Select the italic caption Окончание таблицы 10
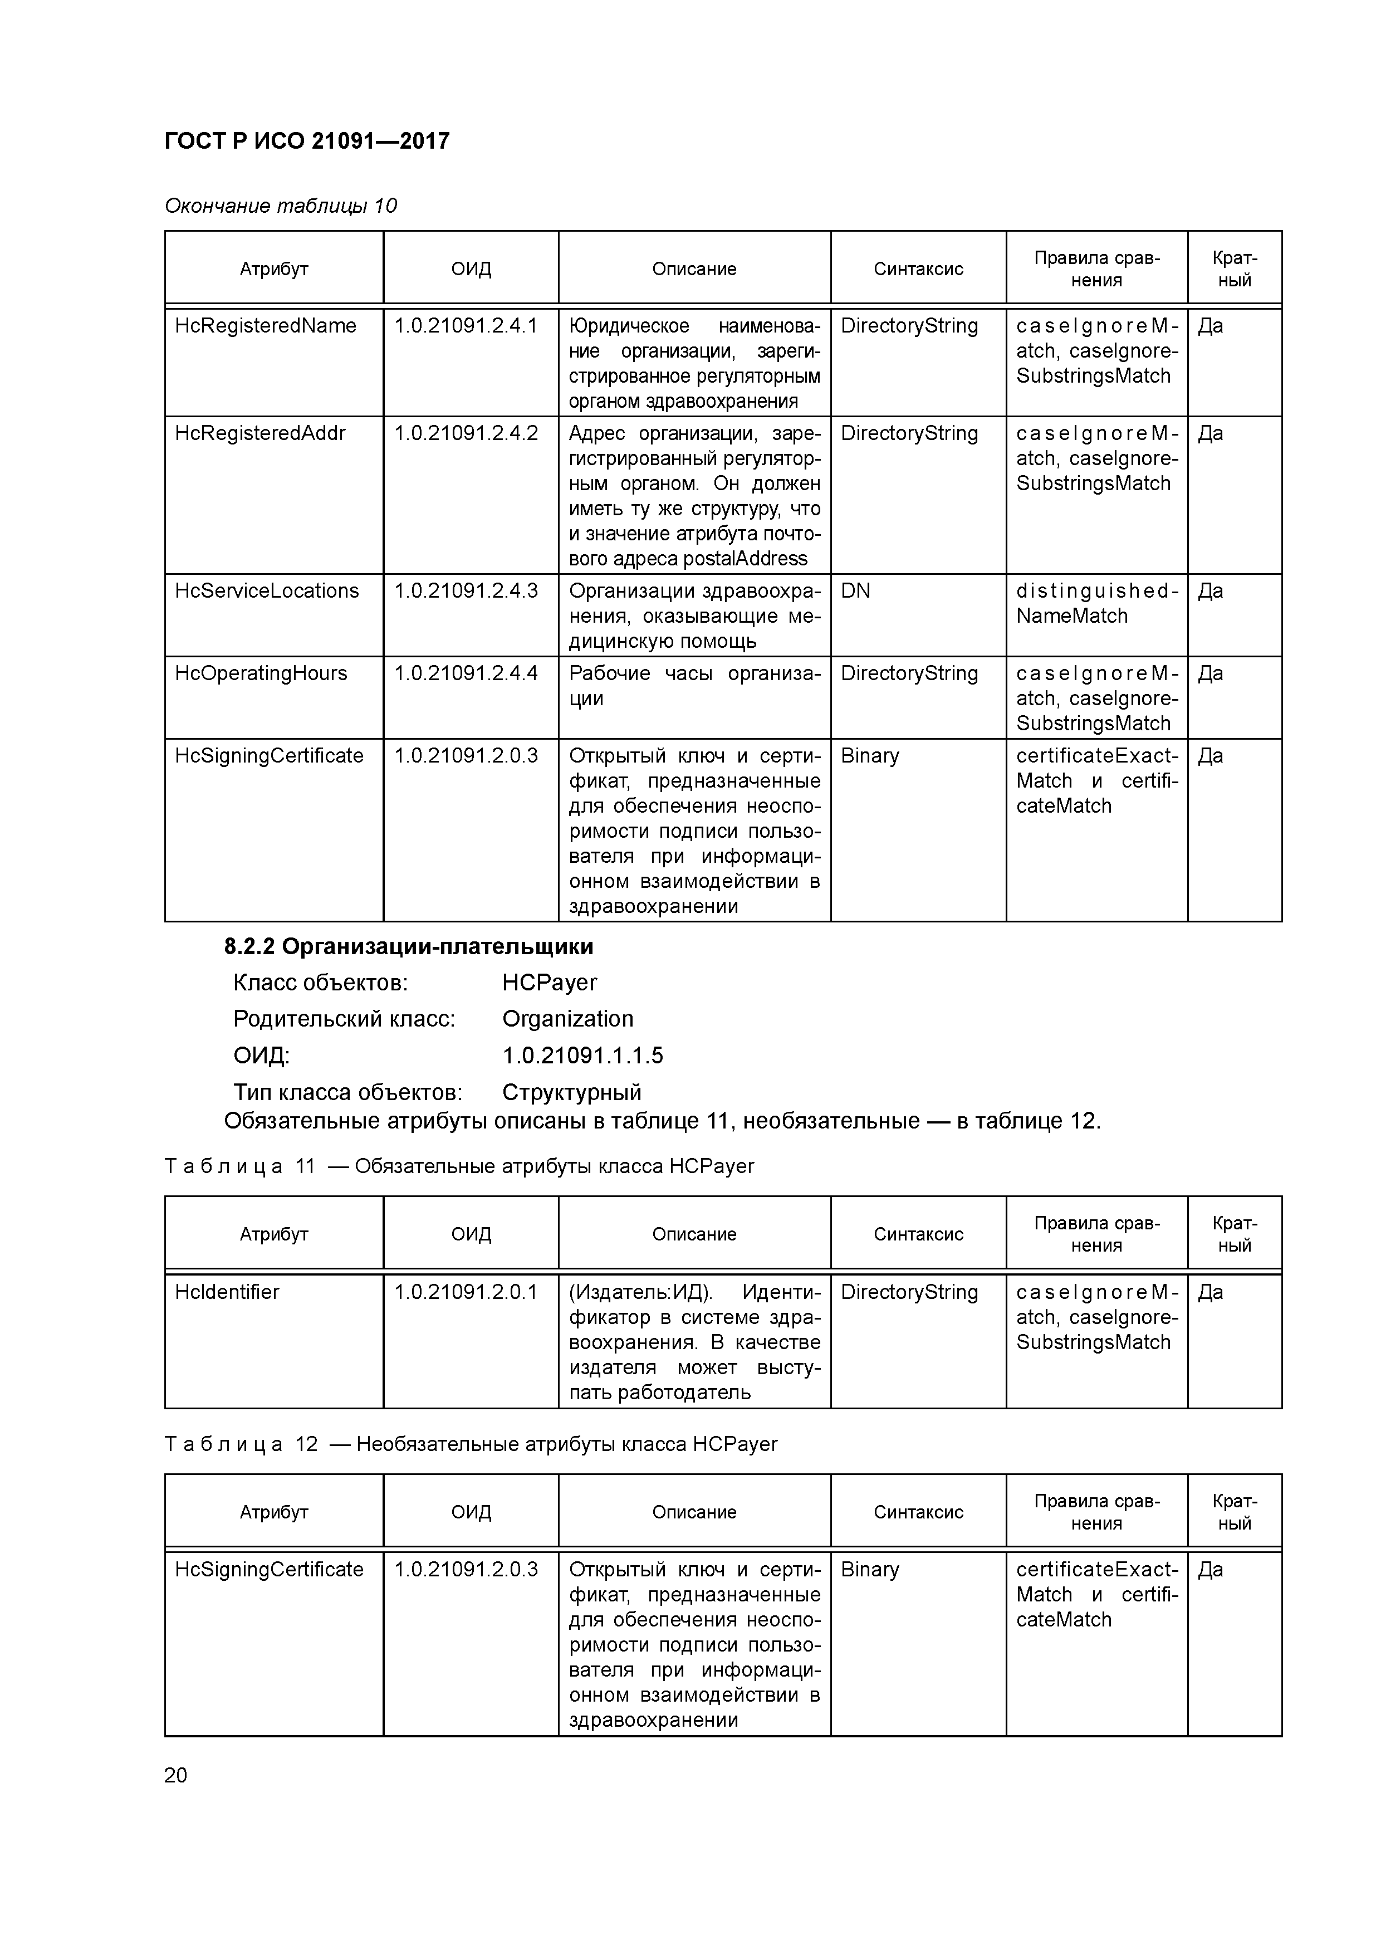pos(281,206)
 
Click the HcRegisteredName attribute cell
pos(266,326)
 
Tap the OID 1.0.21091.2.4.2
pos(466,433)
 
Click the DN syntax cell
pos(855,590)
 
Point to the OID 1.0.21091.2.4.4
pos(466,673)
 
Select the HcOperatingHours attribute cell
pos(261,673)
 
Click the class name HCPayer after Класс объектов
pos(549,983)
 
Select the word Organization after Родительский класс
pos(567,1019)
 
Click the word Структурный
pos(572,1092)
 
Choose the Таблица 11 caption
pos(459,1166)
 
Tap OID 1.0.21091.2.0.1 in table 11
pos(466,1292)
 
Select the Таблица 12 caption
pos(471,1444)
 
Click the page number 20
pos(175,1775)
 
